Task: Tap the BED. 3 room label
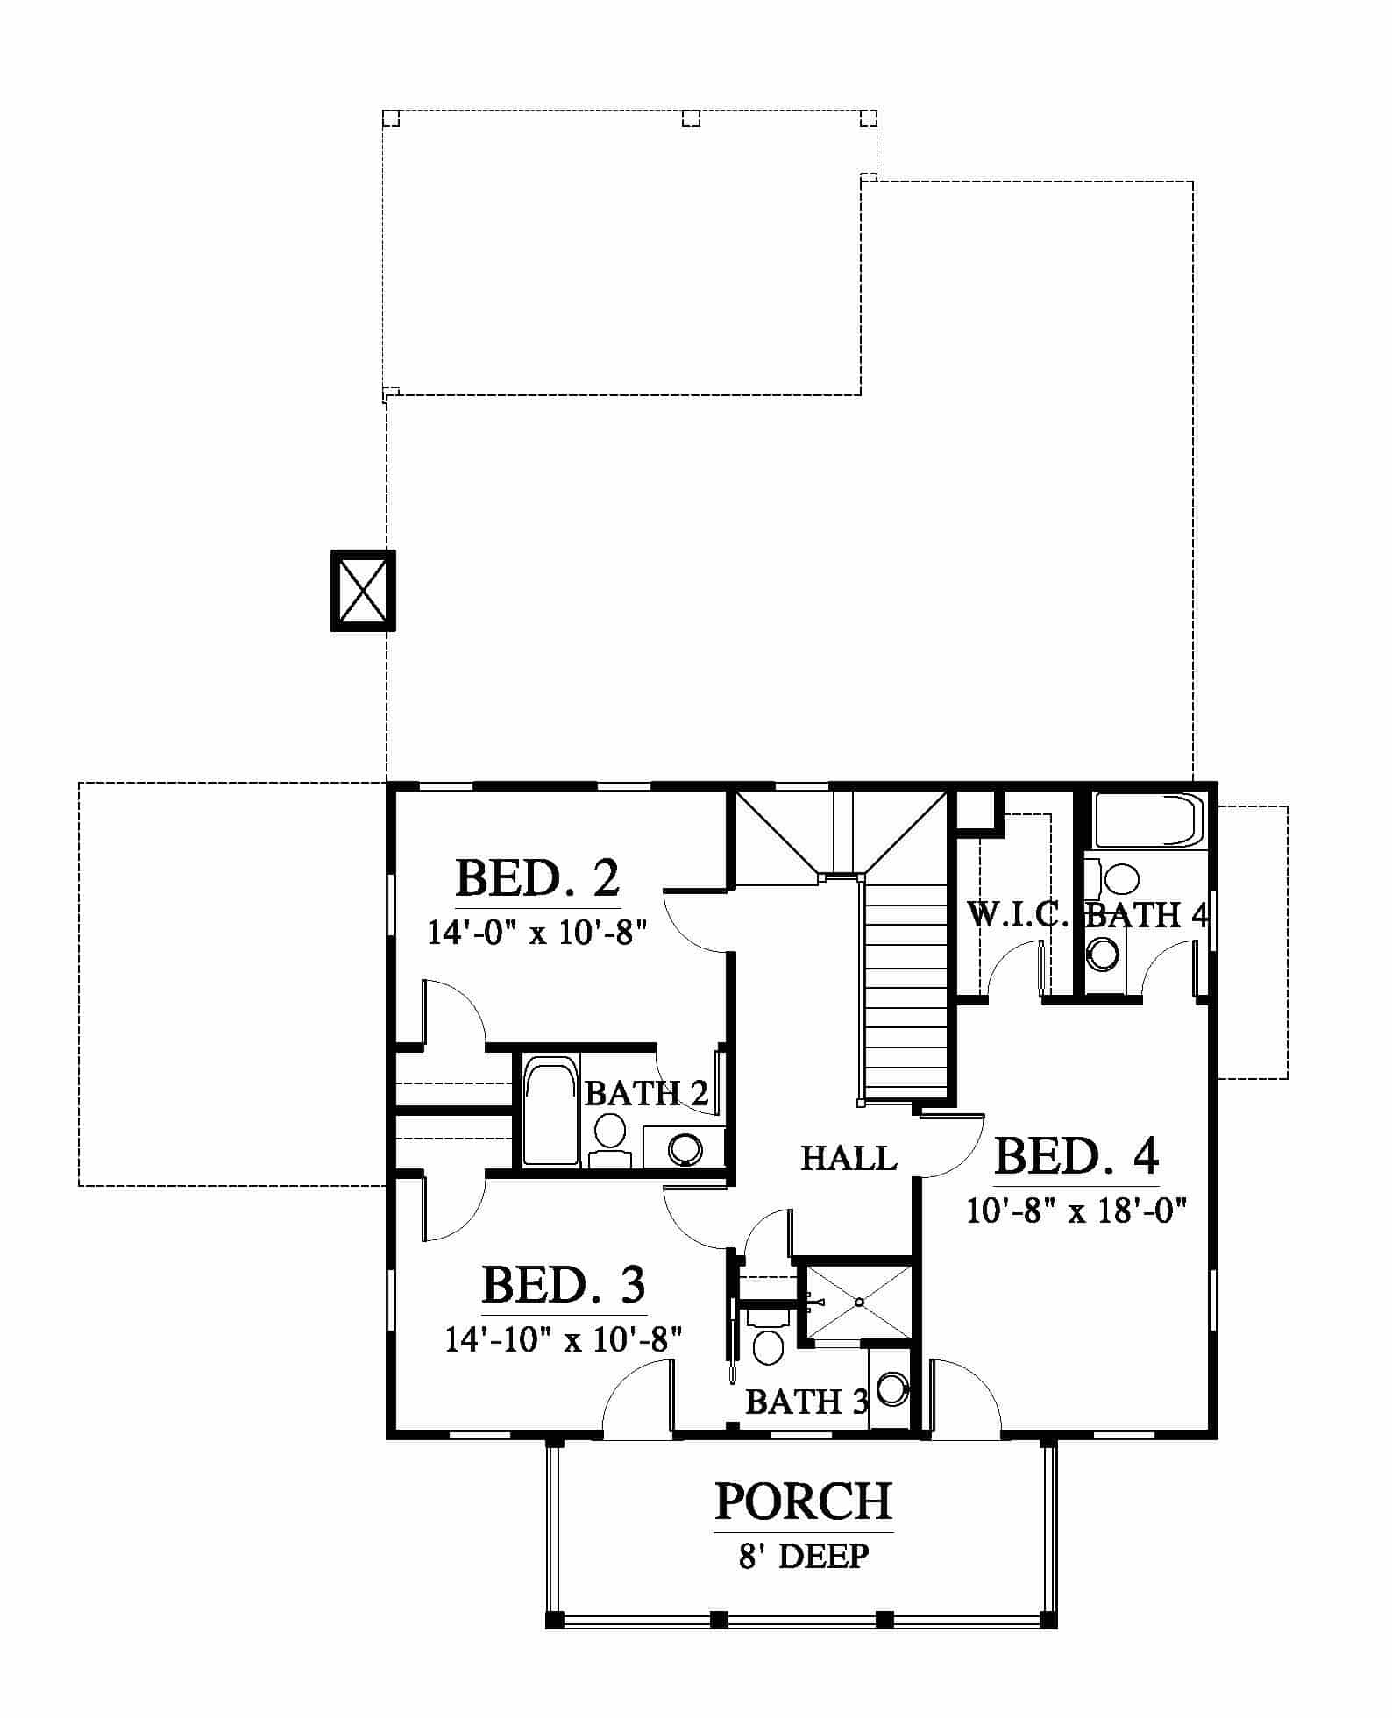[x=564, y=1285]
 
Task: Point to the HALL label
[x=849, y=1159]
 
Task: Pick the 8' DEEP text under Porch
[x=804, y=1556]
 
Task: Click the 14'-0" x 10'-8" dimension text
[x=536, y=931]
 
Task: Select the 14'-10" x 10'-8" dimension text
[x=564, y=1339]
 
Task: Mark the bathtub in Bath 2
[x=550, y=1110]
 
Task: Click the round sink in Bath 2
[x=685, y=1148]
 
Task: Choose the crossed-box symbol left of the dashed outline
[x=363, y=590]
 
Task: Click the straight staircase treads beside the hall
[x=906, y=990]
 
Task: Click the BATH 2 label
[x=647, y=1093]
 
